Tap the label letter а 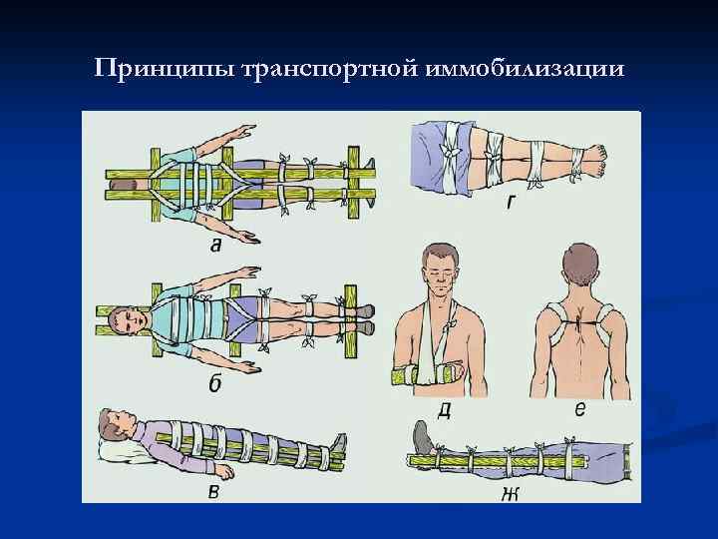click(x=216, y=243)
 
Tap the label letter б click(x=213, y=384)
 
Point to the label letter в click(x=213, y=489)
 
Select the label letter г click(x=510, y=202)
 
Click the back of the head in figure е click(x=582, y=267)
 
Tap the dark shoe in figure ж click(x=425, y=438)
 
